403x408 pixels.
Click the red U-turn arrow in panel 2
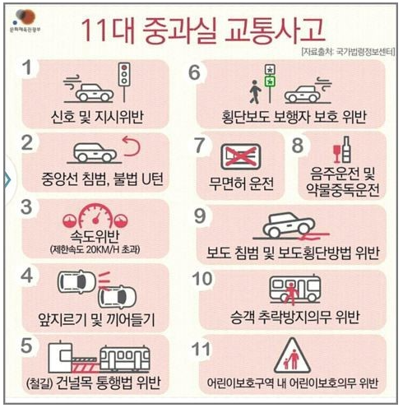tap(132, 149)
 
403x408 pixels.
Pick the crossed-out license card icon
tap(241, 154)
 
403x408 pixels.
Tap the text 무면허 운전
tap(241, 182)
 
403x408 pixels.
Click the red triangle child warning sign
tap(294, 356)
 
